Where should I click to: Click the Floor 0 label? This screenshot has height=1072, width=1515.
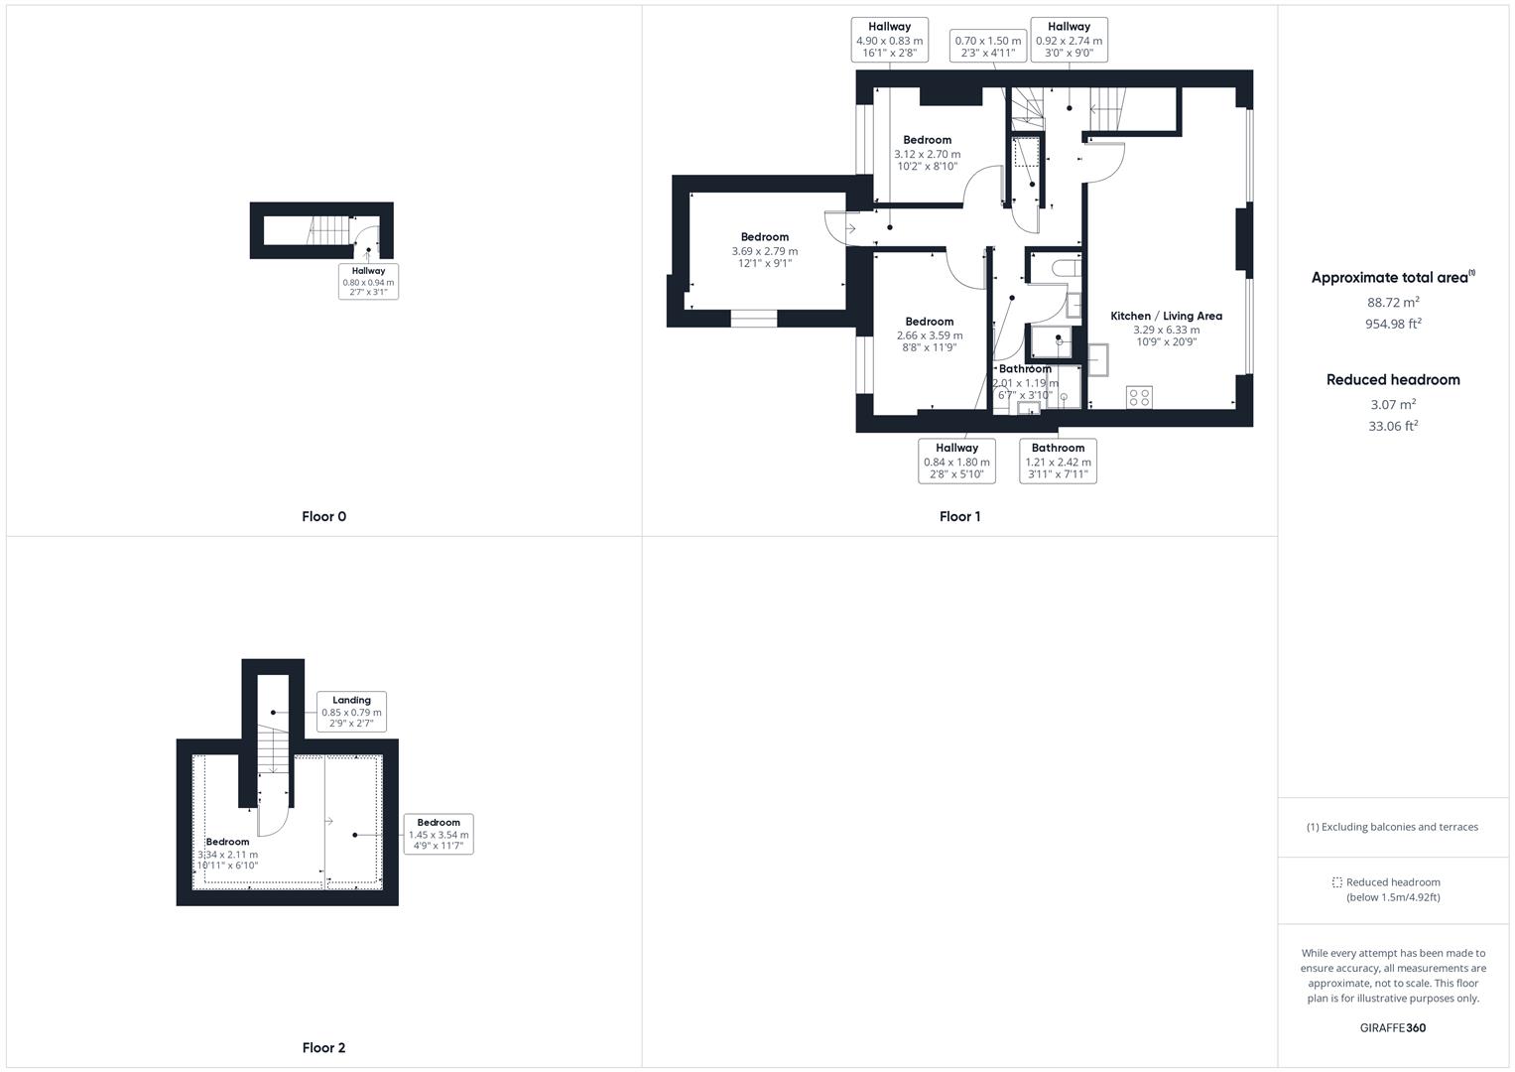click(323, 516)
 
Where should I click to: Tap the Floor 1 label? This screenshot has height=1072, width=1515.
click(959, 516)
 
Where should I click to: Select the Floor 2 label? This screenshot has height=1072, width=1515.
click(323, 1047)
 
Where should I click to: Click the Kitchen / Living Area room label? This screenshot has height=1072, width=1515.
click(1166, 316)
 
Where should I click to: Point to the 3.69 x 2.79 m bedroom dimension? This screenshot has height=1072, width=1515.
click(764, 251)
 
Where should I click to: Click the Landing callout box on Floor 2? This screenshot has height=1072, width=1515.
click(351, 712)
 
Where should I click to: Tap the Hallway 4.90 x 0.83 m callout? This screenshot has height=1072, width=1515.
click(889, 41)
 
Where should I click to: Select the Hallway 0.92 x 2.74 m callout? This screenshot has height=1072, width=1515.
click(1069, 41)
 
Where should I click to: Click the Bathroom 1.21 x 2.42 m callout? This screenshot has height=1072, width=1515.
click(1058, 462)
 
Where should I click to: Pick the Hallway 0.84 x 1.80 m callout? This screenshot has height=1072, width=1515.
click(956, 462)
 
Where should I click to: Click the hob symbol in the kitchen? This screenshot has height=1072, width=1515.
click(1139, 397)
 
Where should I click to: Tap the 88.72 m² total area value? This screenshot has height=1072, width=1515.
click(1392, 302)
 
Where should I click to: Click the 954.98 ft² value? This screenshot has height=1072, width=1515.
click(1392, 324)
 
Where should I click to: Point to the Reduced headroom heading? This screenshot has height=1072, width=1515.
click(1392, 379)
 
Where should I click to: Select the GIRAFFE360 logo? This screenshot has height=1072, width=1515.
click(1392, 1028)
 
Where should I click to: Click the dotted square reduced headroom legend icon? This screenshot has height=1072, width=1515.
click(1336, 882)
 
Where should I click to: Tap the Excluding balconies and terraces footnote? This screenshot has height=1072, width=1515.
click(1392, 827)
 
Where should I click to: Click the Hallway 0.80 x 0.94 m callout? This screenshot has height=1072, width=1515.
click(368, 282)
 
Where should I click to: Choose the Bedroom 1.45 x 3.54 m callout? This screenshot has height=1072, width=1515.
click(439, 834)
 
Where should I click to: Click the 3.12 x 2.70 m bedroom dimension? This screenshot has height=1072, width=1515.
click(927, 155)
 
